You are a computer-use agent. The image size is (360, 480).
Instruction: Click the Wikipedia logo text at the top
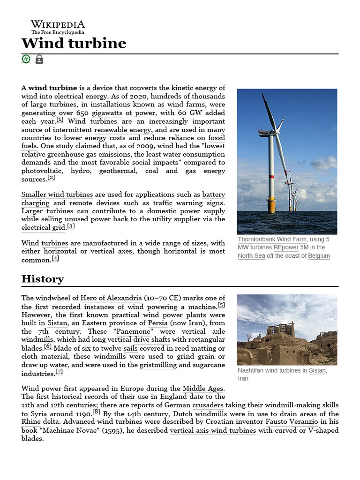(x=58, y=24)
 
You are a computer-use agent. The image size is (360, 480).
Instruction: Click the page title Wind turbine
(x=74, y=44)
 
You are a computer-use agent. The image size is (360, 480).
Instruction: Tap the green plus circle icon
(x=26, y=59)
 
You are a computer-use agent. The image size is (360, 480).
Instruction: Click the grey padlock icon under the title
(x=39, y=60)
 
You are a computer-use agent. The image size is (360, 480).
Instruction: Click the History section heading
(x=43, y=279)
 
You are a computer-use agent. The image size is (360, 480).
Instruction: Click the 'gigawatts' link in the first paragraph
(x=107, y=113)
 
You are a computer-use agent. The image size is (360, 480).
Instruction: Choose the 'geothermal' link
(x=117, y=171)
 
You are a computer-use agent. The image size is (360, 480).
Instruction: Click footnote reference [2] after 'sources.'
(x=51, y=178)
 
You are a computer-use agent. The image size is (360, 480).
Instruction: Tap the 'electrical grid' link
(x=43, y=227)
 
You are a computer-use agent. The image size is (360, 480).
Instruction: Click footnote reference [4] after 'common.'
(x=55, y=258)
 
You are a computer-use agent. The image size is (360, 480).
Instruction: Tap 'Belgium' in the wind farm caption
(x=319, y=256)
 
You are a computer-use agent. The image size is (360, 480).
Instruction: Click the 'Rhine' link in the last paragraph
(x=30, y=421)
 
